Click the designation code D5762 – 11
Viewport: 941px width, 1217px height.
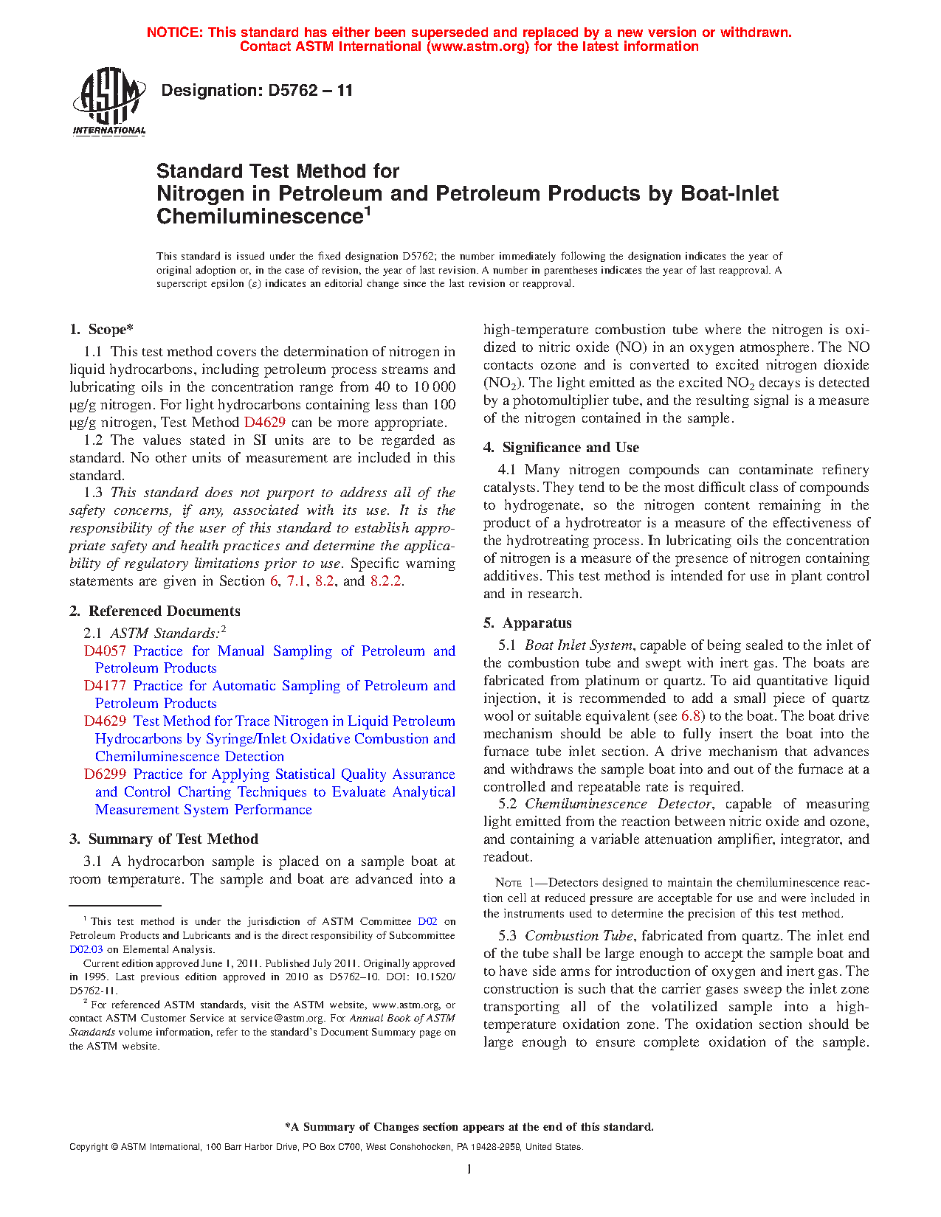pyautogui.click(x=257, y=91)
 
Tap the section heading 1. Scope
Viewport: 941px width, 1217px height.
pyautogui.click(x=102, y=330)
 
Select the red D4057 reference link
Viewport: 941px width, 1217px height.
pyautogui.click(x=105, y=651)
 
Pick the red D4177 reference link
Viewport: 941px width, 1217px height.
pyautogui.click(x=105, y=685)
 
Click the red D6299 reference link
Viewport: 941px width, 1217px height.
pyautogui.click(x=105, y=774)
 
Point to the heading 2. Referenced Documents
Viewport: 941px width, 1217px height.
pyautogui.click(x=154, y=611)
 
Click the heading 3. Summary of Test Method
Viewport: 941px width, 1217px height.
pyautogui.click(x=163, y=839)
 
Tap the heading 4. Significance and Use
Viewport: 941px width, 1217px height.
pyautogui.click(x=561, y=447)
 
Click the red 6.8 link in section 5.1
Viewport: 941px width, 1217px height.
pyautogui.click(x=692, y=716)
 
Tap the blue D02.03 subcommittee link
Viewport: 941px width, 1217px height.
pyautogui.click(x=86, y=950)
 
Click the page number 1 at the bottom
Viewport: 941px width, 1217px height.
pyautogui.click(x=469, y=1169)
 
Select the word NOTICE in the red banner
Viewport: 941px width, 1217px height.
pyautogui.click(x=174, y=32)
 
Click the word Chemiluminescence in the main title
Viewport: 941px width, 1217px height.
pyautogui.click(x=258, y=217)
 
